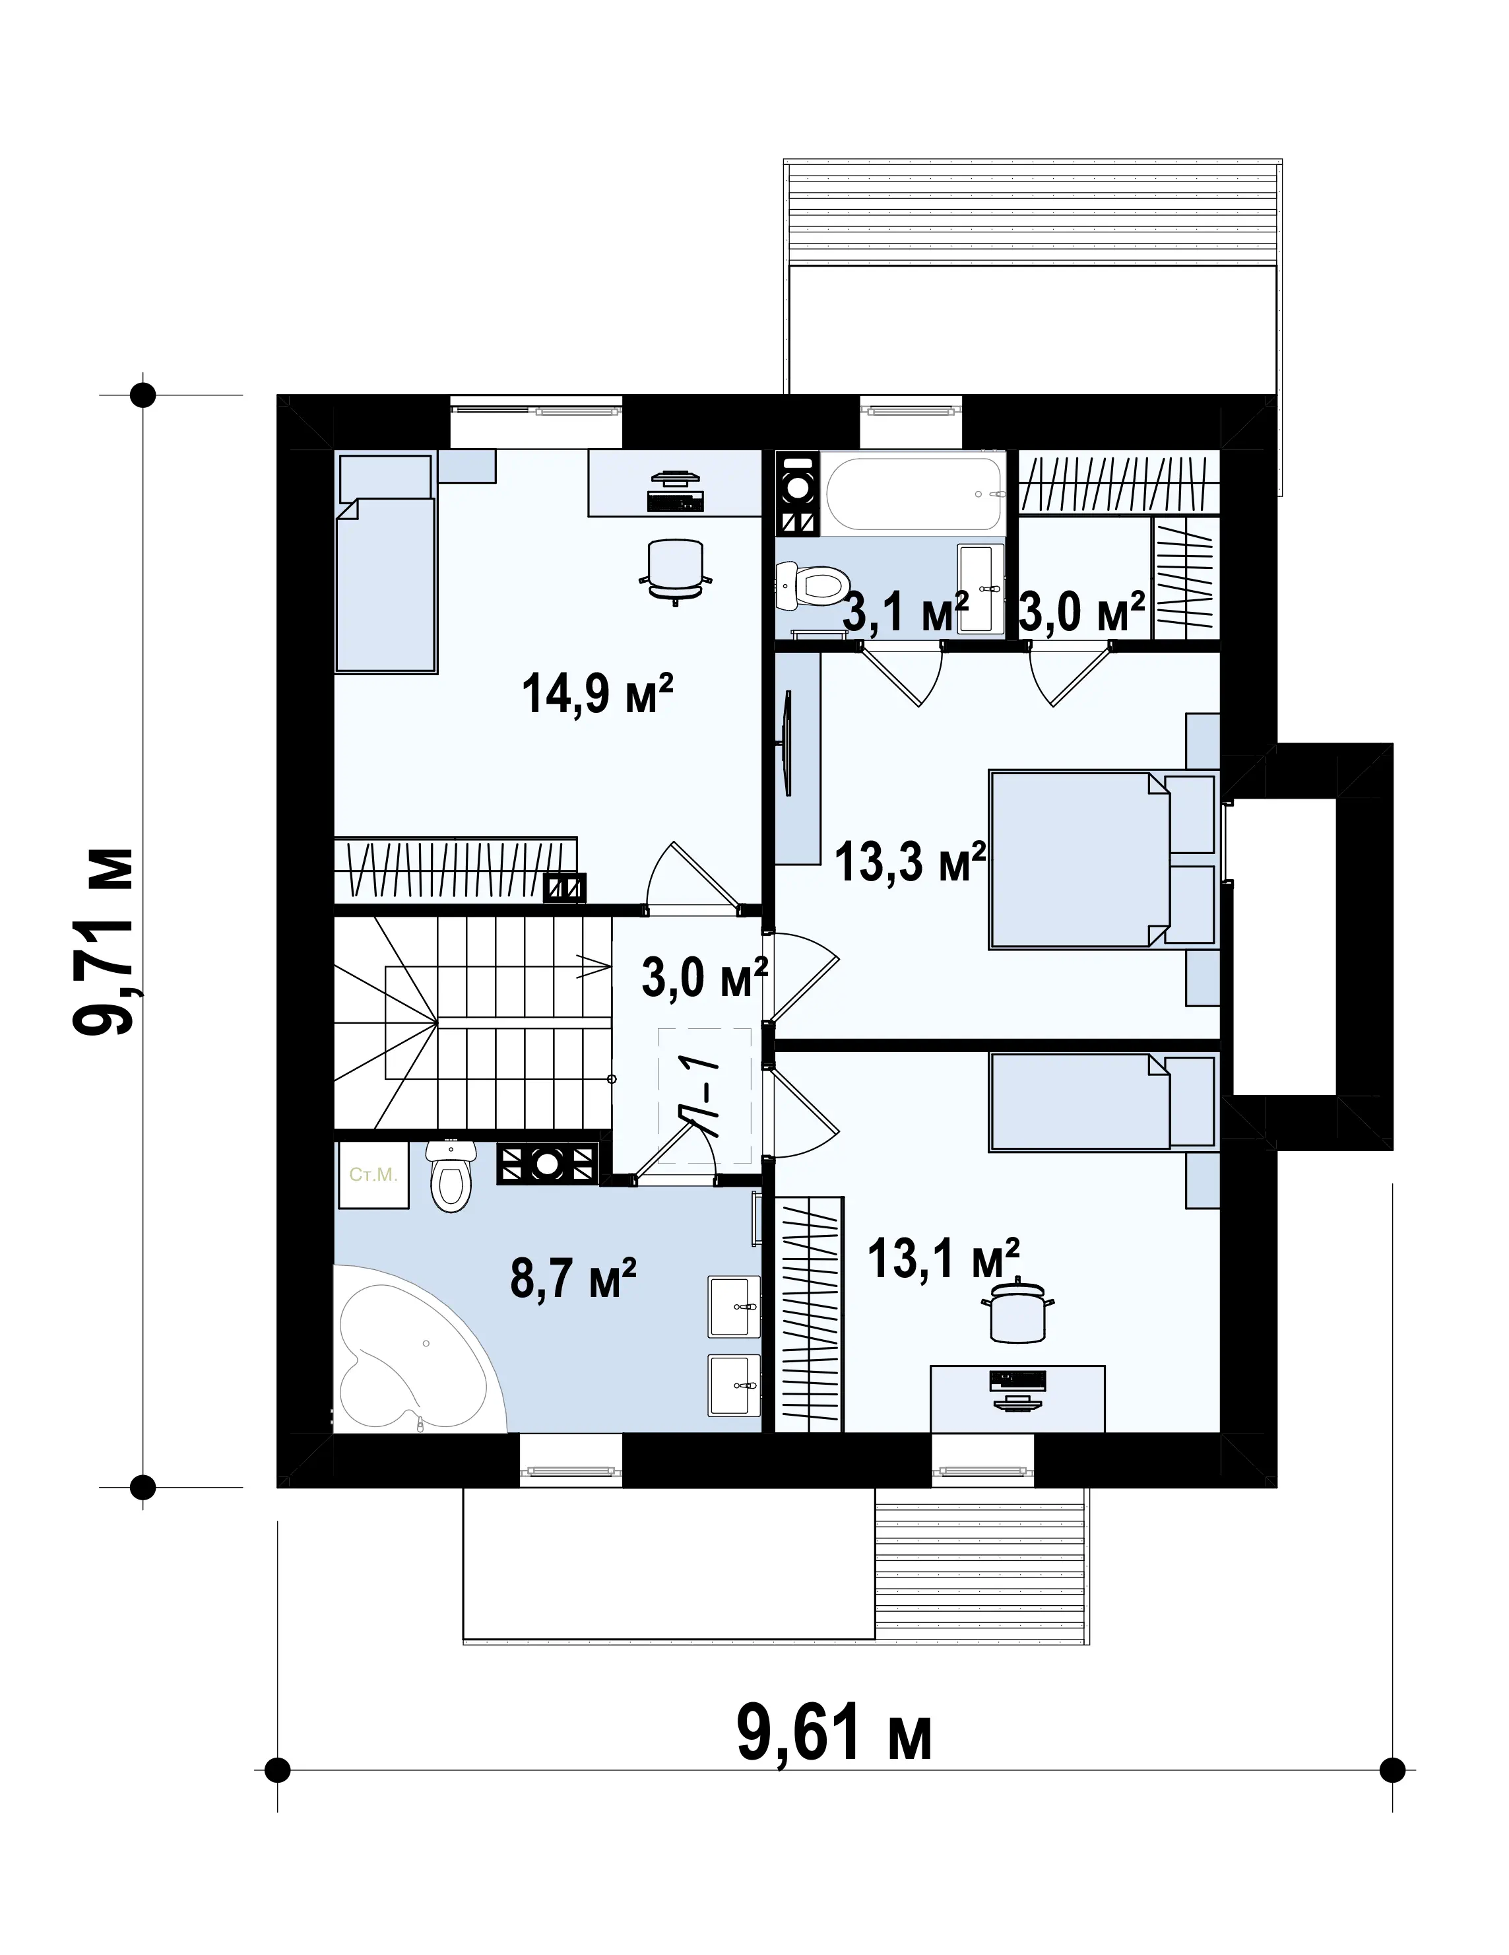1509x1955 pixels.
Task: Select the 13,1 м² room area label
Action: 944,1259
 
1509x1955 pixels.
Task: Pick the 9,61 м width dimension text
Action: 834,1731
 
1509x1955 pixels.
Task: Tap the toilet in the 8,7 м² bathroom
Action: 449,1176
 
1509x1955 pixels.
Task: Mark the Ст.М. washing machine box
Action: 373,1174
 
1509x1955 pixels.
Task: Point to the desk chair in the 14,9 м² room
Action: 676,570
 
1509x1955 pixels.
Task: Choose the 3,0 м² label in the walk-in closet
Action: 1082,613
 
